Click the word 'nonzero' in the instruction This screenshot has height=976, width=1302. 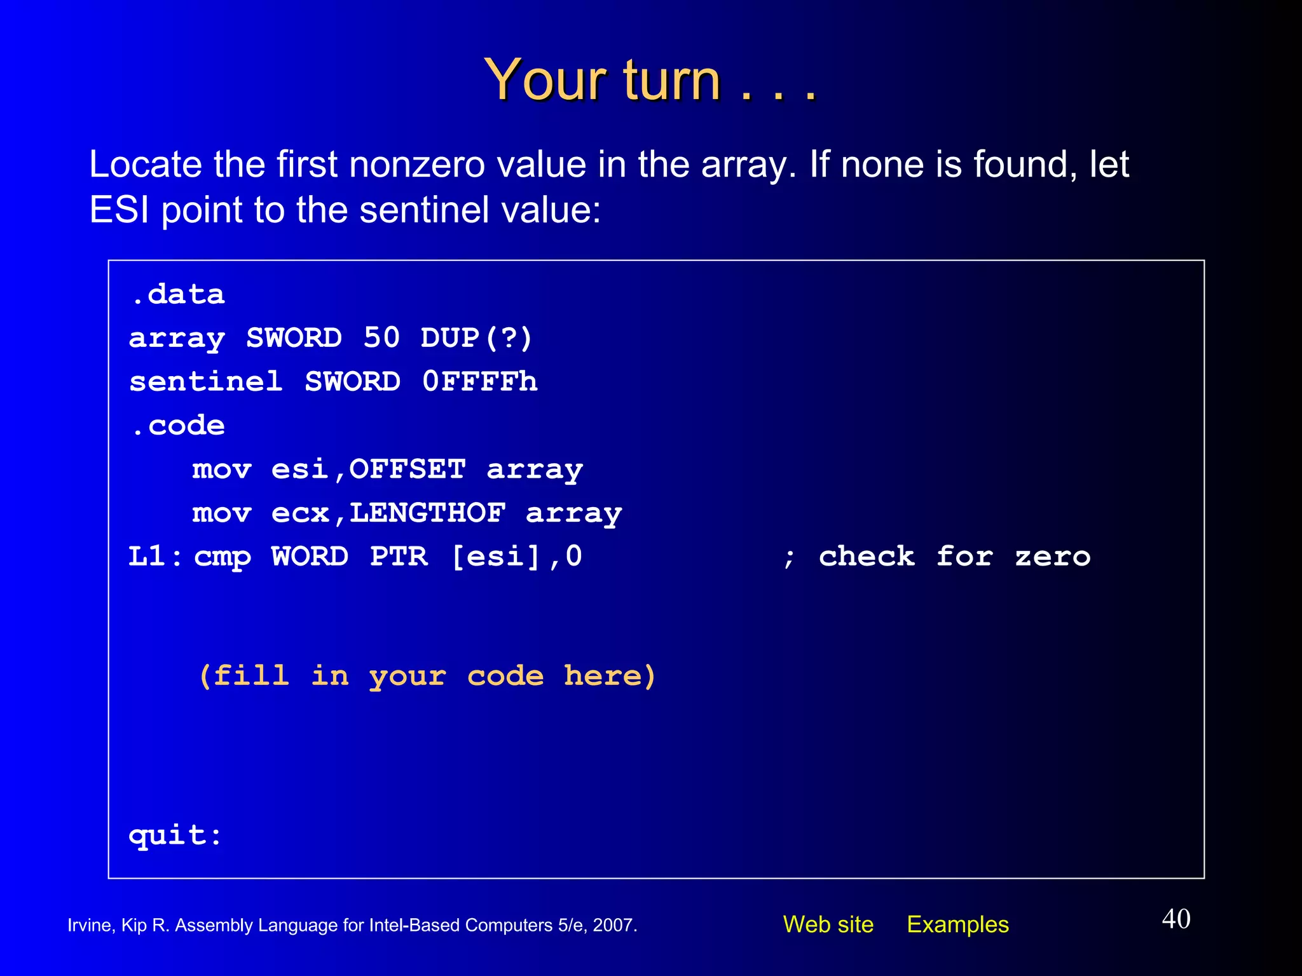pos(417,165)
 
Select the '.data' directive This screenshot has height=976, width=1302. pos(177,295)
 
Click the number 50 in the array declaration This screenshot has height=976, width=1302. pos(381,338)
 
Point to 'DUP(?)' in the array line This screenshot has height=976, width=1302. pos(476,338)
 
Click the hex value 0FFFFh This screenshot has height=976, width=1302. pos(480,382)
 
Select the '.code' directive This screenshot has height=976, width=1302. pos(177,426)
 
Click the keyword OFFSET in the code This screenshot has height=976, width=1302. pos(408,470)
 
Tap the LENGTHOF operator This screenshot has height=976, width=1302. pos(427,513)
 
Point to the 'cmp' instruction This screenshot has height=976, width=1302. pos(223,557)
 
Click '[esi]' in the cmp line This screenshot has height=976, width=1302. pos(496,557)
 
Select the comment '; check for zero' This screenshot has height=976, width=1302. pos(936,557)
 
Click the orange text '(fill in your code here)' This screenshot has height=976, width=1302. pos(427,676)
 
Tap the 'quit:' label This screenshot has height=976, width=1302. pos(175,835)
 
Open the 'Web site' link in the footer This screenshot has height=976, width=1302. pos(828,925)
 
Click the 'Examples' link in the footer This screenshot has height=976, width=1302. pos(957,925)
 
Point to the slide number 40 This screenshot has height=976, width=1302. pos(1176,919)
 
